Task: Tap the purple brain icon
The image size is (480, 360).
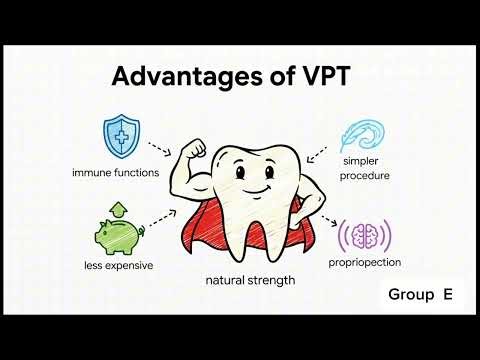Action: click(361, 236)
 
